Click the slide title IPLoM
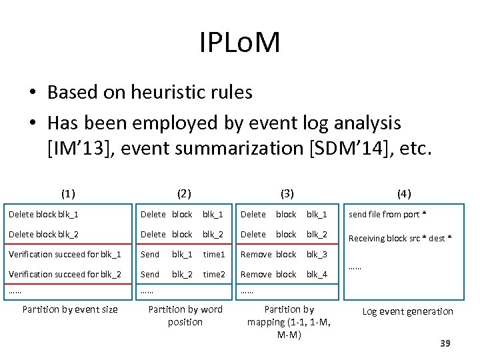pyautogui.click(x=240, y=43)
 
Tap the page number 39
pyautogui.click(x=446, y=343)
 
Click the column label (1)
pyautogui.click(x=68, y=194)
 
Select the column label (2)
pyautogui.click(x=184, y=194)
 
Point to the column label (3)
pyautogui.click(x=287, y=194)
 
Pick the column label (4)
pyautogui.click(x=404, y=194)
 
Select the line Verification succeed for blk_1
pyautogui.click(x=65, y=254)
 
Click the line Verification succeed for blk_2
pyautogui.click(x=65, y=274)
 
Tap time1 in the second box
pyautogui.click(x=214, y=254)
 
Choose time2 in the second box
pyautogui.click(x=214, y=274)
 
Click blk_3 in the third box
pyautogui.click(x=317, y=254)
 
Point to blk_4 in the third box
pyautogui.click(x=317, y=274)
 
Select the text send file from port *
pyautogui.click(x=387, y=214)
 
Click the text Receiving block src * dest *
pyautogui.click(x=400, y=238)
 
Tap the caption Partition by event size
pyautogui.click(x=70, y=309)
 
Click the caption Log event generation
pyautogui.click(x=407, y=311)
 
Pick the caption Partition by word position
pyautogui.click(x=185, y=315)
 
